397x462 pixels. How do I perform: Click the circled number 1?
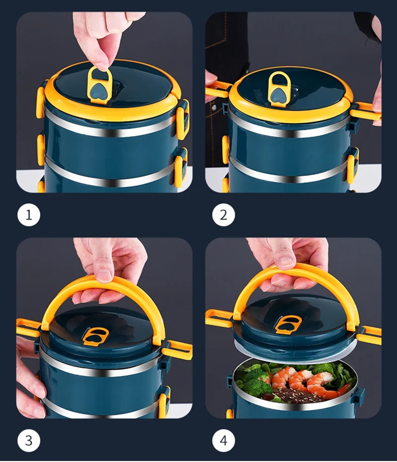pos(29,215)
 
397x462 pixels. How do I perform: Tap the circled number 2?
pos(223,215)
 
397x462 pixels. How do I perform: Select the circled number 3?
pos(29,441)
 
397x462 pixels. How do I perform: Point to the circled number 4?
pos(223,441)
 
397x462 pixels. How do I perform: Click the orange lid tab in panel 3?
pos(95,336)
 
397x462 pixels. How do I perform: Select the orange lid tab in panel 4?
pos(288,324)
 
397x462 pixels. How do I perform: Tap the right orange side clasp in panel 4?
pos(368,335)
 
